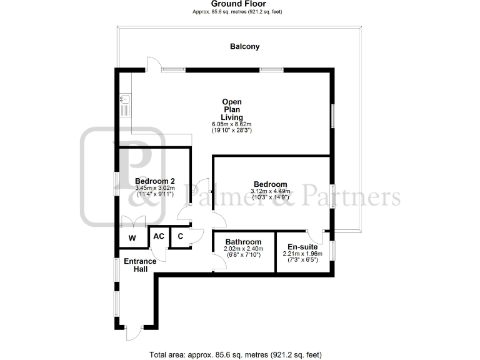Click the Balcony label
click(244, 46)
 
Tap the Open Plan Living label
click(231, 109)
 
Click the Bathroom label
click(243, 242)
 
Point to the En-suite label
click(302, 247)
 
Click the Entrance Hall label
click(136, 265)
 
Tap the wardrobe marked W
click(132, 238)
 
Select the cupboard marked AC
click(159, 236)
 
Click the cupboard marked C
click(180, 236)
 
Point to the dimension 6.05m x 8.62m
click(231, 124)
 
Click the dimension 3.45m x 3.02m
click(154, 188)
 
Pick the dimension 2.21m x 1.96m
click(302, 254)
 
